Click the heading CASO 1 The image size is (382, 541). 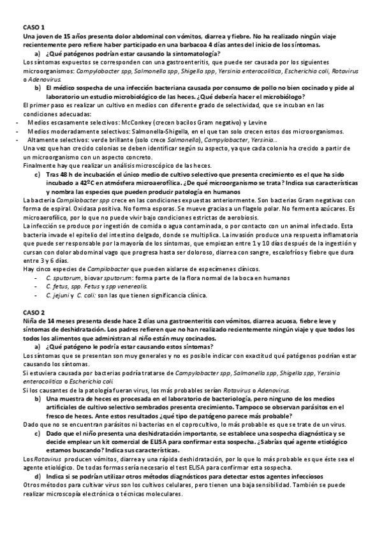tap(33, 29)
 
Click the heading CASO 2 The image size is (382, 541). tap(33, 312)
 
